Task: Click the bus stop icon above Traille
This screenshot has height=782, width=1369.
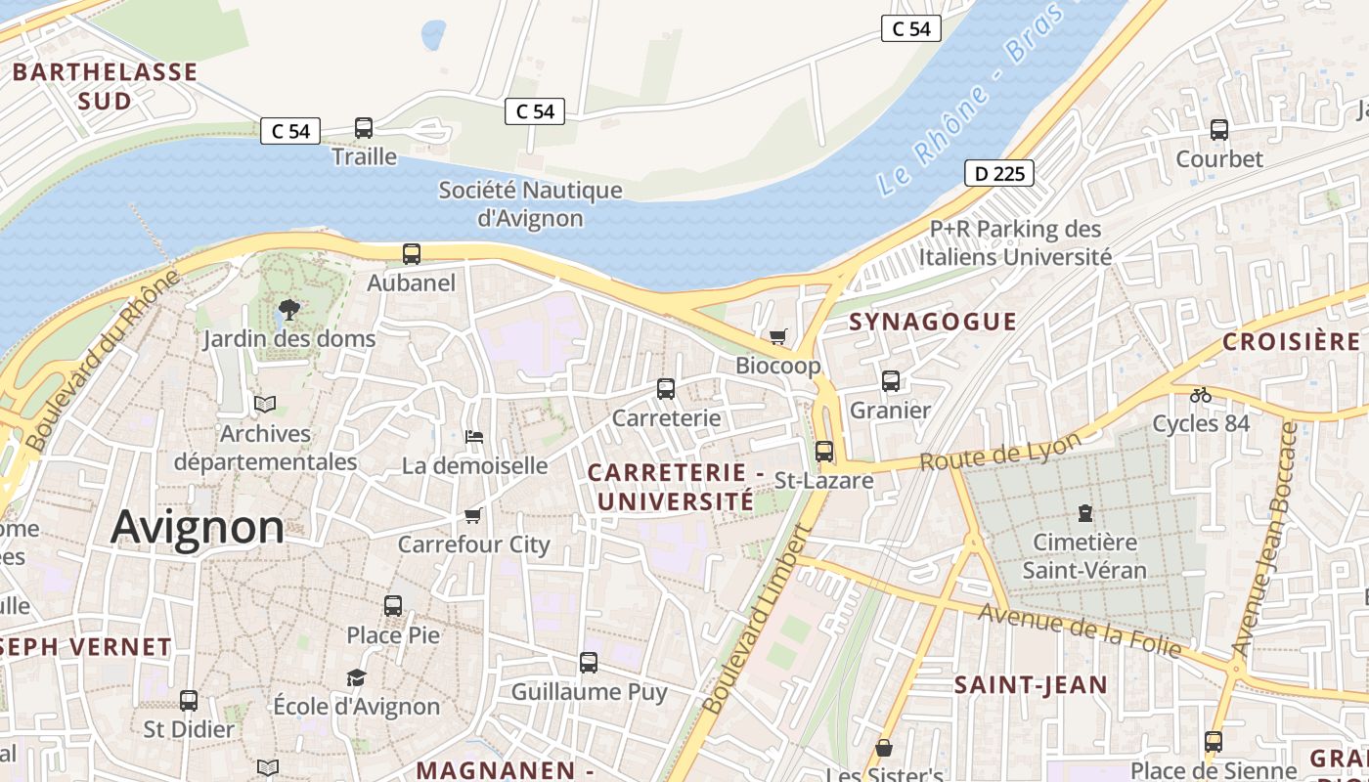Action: (x=364, y=127)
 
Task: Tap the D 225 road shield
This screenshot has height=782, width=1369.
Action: (x=998, y=174)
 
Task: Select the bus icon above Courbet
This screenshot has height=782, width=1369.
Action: (x=1219, y=129)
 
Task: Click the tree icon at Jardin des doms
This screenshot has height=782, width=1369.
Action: (x=288, y=310)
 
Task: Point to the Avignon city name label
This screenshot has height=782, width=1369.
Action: (x=198, y=528)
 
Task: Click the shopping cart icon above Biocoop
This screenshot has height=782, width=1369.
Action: (x=778, y=337)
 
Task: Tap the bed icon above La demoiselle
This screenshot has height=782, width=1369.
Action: (x=474, y=436)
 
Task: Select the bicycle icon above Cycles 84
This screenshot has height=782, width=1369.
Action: (x=1201, y=395)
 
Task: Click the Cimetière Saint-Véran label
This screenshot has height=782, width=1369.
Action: (x=1084, y=555)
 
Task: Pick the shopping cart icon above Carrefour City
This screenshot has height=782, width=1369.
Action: (x=473, y=515)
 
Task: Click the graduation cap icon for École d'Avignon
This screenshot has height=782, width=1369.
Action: (x=356, y=677)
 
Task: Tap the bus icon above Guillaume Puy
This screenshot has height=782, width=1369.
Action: (x=589, y=663)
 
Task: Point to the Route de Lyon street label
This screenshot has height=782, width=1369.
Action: (x=1001, y=451)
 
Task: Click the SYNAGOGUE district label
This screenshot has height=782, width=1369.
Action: (x=933, y=322)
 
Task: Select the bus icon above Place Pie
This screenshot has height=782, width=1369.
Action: (x=393, y=605)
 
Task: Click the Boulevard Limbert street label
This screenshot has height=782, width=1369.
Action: (x=758, y=619)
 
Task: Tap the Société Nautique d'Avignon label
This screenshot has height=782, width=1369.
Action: (x=530, y=203)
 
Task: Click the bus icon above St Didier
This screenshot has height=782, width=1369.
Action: (x=189, y=700)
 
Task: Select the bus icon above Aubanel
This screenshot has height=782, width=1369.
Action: (x=412, y=254)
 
